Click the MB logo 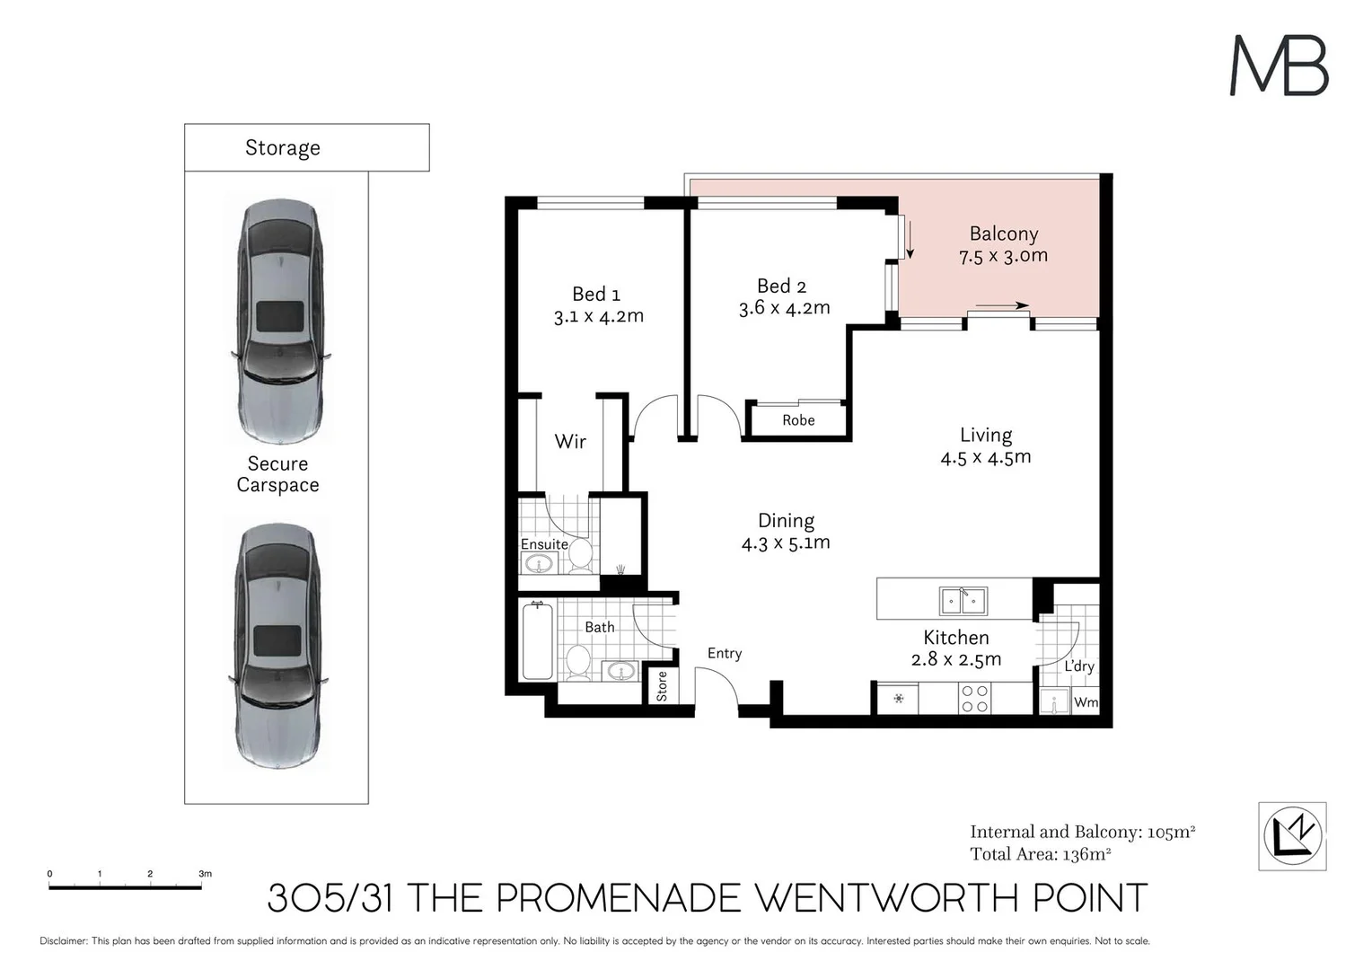pyautogui.click(x=1278, y=66)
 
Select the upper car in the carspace pyautogui.click(x=278, y=321)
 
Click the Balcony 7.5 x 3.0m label pyautogui.click(x=1003, y=244)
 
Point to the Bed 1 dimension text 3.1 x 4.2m pyautogui.click(x=598, y=316)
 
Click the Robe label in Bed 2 pyautogui.click(x=797, y=420)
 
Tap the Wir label pyautogui.click(x=569, y=441)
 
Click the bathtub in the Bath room pyautogui.click(x=538, y=641)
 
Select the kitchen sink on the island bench pyautogui.click(x=963, y=600)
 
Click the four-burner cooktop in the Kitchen pyautogui.click(x=975, y=699)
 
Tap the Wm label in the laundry pyautogui.click(x=1086, y=702)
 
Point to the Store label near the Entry pyautogui.click(x=662, y=686)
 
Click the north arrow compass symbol pyautogui.click(x=1291, y=836)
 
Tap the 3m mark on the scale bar pyautogui.click(x=205, y=873)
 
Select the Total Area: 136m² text pyautogui.click(x=1040, y=854)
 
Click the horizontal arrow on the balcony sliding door pyautogui.click(x=1001, y=306)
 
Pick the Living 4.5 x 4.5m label pyautogui.click(x=985, y=446)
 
